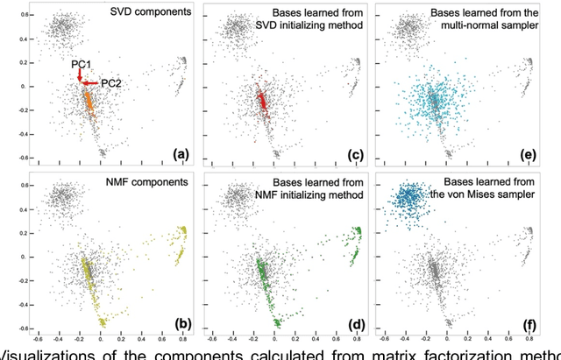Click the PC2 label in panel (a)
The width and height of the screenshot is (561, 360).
(x=111, y=83)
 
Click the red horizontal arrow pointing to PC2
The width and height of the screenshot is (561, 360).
(x=90, y=83)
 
